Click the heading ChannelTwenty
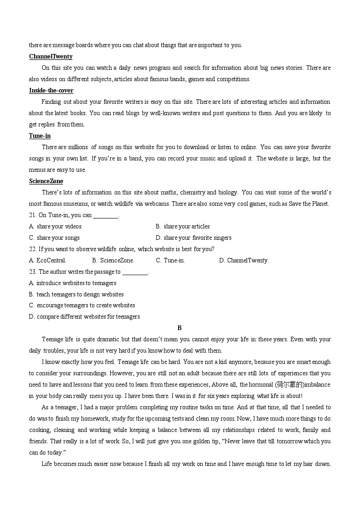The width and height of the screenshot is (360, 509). point(50,57)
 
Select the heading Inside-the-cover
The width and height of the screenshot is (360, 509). point(51,91)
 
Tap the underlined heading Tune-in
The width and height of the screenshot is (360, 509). point(40,136)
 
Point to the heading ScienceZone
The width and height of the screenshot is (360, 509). point(46,181)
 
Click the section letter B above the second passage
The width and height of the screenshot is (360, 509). point(180,328)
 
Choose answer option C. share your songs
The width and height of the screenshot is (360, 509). point(54,238)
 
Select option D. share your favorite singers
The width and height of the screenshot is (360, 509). point(194,238)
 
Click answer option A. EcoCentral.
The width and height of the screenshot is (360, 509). point(48,260)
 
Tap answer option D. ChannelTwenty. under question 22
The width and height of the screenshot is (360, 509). point(244,260)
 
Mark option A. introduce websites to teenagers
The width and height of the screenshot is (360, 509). point(73,283)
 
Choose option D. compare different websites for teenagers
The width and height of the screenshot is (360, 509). point(84,316)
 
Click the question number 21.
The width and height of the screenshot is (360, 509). point(33,215)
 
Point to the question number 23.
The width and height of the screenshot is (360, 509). point(33,272)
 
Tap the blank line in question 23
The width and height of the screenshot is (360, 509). point(135,273)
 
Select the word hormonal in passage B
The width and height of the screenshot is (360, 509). point(261,385)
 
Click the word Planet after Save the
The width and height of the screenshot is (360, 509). point(321,204)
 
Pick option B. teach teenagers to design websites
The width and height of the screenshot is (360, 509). point(76,294)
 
